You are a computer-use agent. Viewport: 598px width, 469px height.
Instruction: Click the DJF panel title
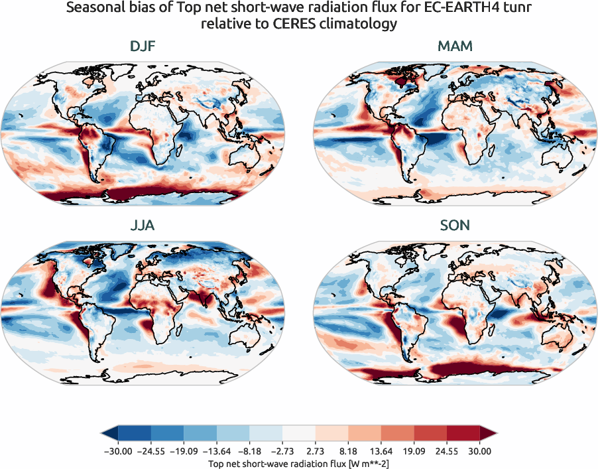coord(142,47)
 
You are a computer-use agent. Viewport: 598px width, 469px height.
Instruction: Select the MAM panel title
coord(455,47)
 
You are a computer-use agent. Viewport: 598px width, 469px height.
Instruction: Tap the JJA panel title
coord(142,226)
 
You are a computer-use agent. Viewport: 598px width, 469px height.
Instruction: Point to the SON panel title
coord(455,226)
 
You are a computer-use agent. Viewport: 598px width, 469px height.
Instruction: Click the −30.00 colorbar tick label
coord(118,451)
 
